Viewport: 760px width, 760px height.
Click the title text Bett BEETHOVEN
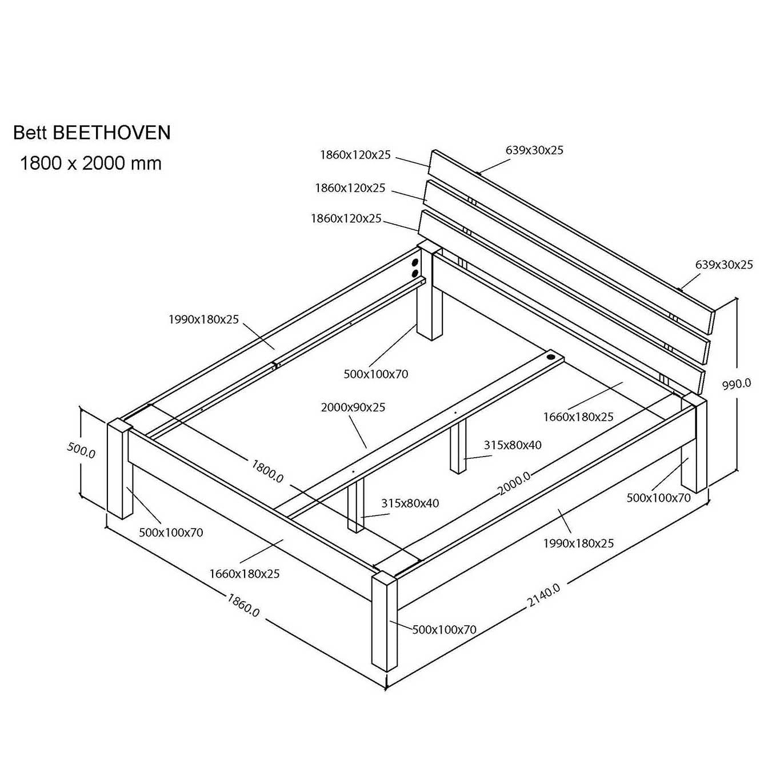tap(92, 133)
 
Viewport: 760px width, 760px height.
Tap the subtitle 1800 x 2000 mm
tap(91, 163)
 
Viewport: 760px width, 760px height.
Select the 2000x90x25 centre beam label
tap(353, 407)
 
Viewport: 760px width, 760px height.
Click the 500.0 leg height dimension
tap(81, 450)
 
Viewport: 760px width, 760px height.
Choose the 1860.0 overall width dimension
tap(243, 605)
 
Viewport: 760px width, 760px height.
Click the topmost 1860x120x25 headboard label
tap(355, 155)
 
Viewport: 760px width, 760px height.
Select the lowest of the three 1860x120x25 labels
tap(346, 218)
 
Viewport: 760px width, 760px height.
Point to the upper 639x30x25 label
tap(534, 150)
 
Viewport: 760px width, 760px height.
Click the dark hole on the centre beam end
tap(549, 357)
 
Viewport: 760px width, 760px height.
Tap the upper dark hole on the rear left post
tap(414, 262)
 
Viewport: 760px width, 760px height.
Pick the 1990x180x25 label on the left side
tap(203, 319)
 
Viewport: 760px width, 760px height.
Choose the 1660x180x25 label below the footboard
tap(244, 574)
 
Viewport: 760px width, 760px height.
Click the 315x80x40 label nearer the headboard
tap(513, 445)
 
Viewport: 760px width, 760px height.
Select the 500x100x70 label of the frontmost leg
tap(445, 630)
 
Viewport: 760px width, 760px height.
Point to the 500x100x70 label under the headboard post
tap(376, 374)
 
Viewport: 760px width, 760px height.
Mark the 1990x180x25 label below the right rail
tap(579, 543)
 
